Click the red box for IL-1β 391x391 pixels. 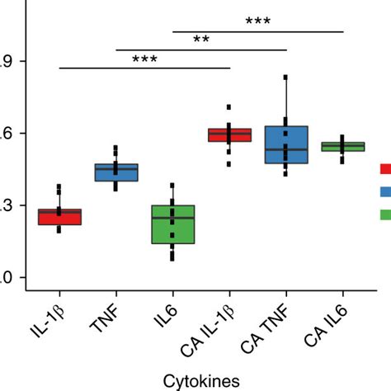coord(59,216)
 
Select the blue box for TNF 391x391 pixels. coord(116,172)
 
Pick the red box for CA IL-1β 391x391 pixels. coord(229,134)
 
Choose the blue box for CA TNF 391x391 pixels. coord(285,144)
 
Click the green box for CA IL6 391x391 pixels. coord(342,147)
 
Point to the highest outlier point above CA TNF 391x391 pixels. coord(285,78)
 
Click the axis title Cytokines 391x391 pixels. coord(201,379)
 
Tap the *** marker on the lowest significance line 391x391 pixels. coord(144,59)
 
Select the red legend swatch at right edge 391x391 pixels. coord(384,169)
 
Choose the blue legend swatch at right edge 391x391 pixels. coord(384,191)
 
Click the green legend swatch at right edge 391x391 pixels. coord(384,214)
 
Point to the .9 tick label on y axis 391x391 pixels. coord(5,61)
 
